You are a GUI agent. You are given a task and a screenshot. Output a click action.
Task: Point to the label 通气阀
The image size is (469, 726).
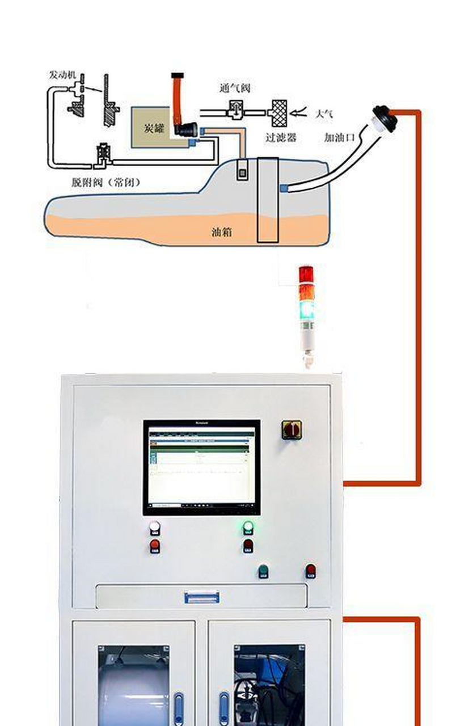click(x=234, y=88)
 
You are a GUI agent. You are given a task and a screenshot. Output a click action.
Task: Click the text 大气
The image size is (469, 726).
click(x=323, y=114)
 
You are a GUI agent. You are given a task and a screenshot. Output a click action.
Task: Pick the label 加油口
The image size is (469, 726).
click(x=339, y=137)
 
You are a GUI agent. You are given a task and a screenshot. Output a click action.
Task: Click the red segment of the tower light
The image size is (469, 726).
click(x=306, y=273)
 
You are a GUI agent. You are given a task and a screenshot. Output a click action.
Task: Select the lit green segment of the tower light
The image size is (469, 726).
click(x=306, y=310)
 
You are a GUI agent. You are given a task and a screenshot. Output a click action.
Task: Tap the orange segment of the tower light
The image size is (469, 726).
click(x=306, y=292)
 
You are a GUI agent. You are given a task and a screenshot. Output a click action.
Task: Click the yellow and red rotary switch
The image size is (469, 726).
click(x=291, y=429)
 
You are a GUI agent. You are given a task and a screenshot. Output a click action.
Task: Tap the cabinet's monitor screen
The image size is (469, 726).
click(x=201, y=467)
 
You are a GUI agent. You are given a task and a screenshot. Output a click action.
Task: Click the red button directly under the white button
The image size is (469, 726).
click(x=155, y=546)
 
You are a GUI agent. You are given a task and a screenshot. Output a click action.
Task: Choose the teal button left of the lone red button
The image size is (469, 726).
click(x=263, y=571)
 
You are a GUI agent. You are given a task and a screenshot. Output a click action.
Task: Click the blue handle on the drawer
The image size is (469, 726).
click(x=201, y=597)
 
